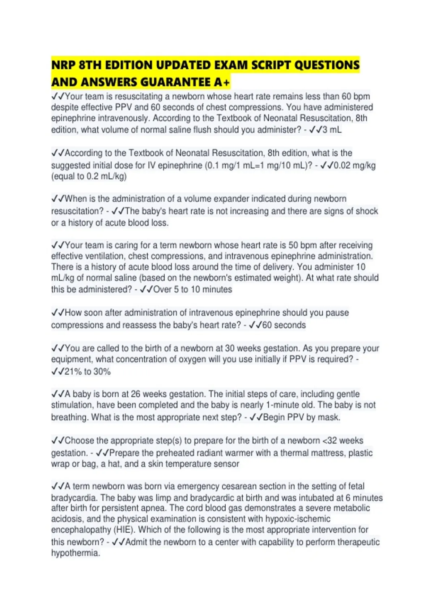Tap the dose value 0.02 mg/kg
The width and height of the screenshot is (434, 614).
point(355,165)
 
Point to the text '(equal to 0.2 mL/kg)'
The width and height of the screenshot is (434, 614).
point(89,177)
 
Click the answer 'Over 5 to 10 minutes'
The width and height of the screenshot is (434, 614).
point(192,289)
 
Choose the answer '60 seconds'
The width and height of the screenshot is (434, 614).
point(284,325)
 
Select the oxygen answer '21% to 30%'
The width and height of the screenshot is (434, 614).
point(87,372)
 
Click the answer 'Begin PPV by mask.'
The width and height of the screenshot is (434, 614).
point(301,418)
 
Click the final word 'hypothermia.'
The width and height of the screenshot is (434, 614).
point(76,553)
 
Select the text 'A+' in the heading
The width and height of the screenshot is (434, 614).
point(222,82)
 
